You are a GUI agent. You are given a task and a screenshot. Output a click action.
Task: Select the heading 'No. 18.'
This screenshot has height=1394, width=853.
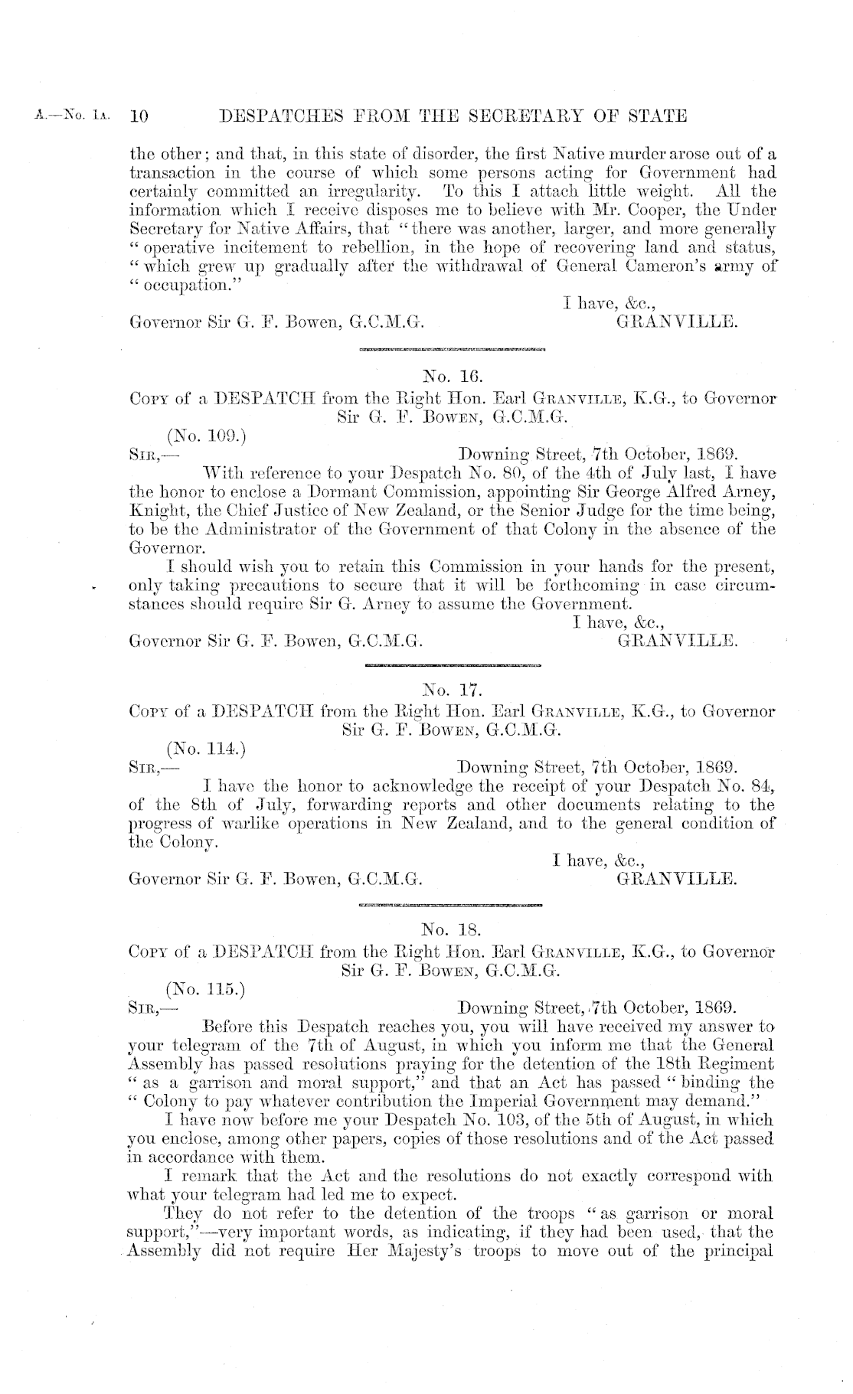tap(451, 931)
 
